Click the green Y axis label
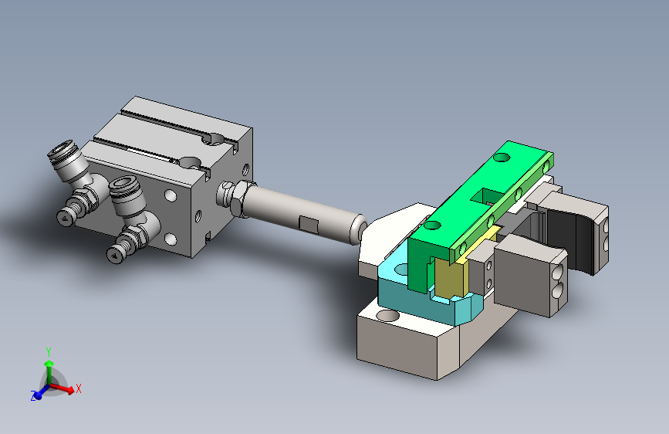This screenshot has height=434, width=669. coord(49,352)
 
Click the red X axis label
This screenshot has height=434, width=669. coord(78,388)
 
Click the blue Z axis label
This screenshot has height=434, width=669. coord(33,396)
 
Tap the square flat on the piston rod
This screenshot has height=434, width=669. coord(309,224)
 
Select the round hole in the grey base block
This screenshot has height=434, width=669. coord(388,316)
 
